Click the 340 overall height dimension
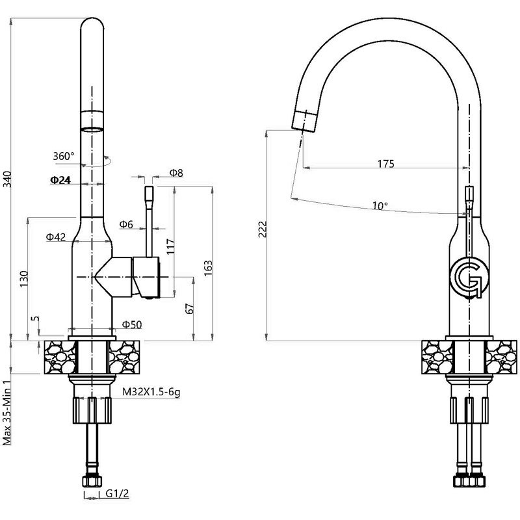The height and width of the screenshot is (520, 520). [x=7, y=179]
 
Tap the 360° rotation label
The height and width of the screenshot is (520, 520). [x=64, y=156]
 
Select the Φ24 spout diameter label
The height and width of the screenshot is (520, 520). [x=60, y=180]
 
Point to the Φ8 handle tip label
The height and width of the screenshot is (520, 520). [x=176, y=173]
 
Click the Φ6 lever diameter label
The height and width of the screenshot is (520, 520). [x=126, y=224]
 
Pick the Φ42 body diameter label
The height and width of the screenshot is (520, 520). [x=56, y=237]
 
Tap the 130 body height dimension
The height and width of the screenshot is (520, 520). [x=24, y=279]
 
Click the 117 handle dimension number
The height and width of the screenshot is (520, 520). [x=170, y=246]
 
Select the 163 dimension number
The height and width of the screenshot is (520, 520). [x=208, y=268]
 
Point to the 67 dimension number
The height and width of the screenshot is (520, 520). [x=190, y=308]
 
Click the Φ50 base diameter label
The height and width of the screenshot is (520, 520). [x=132, y=324]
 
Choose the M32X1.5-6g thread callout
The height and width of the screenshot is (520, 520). [x=151, y=392]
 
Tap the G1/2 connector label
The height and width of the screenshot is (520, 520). [x=117, y=493]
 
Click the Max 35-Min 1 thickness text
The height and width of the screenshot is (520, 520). [x=7, y=412]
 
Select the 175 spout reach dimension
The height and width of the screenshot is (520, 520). [x=386, y=164]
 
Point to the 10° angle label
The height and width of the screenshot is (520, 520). [x=380, y=206]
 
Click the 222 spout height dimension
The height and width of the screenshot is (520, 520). [x=263, y=229]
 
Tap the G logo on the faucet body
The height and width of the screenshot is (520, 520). [x=469, y=277]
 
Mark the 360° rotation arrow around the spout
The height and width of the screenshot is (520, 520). [x=96, y=161]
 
